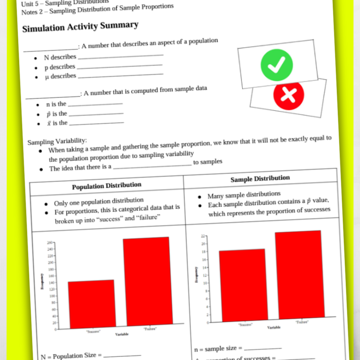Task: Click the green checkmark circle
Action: point(277,65)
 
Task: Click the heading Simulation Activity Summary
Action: point(80,27)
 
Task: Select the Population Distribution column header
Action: point(107,186)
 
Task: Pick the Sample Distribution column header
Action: point(260,179)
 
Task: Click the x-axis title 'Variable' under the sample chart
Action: point(274,328)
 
